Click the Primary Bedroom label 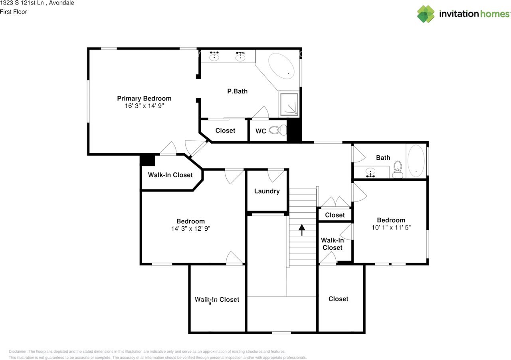click(x=144, y=98)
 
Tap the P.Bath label click(x=237, y=91)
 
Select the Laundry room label click(x=267, y=191)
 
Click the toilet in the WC click(x=278, y=130)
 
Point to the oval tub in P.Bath click(x=281, y=66)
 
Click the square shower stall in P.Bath click(x=289, y=104)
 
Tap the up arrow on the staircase click(x=302, y=230)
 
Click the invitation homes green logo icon click(x=426, y=14)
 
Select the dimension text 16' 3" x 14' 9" click(x=144, y=106)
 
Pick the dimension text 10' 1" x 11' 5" click(x=391, y=227)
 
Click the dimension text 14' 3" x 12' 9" click(x=191, y=228)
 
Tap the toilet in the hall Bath click(x=398, y=170)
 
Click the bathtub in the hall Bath click(x=416, y=161)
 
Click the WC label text click(x=261, y=131)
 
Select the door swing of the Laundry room click(x=276, y=175)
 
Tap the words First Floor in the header click(x=14, y=12)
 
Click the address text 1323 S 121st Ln click(x=22, y=3)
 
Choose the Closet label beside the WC click(x=225, y=131)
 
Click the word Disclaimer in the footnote click(x=18, y=352)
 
